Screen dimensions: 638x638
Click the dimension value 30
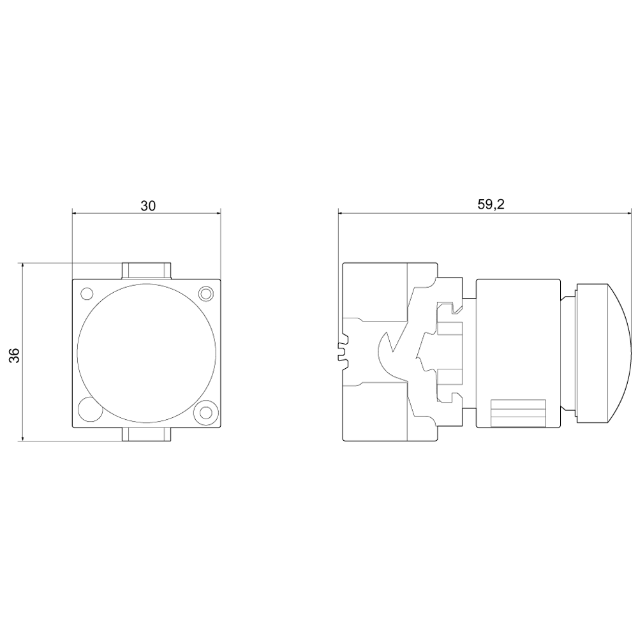(148, 206)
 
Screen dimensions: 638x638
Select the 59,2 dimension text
(491, 204)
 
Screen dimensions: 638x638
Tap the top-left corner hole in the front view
(87, 293)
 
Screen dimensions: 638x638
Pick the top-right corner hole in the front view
(206, 293)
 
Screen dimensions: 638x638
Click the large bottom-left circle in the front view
(90, 408)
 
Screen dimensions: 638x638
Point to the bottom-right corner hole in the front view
(206, 412)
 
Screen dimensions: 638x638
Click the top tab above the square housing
(147, 271)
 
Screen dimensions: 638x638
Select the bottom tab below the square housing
(147, 434)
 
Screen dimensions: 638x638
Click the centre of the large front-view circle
(146, 353)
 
